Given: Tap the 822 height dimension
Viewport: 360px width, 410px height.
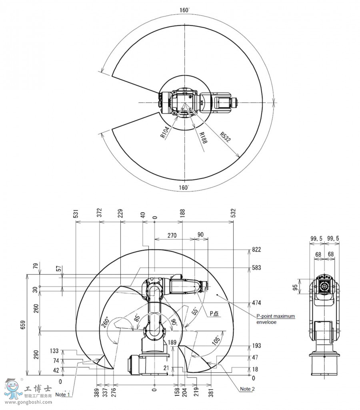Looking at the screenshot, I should [x=256, y=250].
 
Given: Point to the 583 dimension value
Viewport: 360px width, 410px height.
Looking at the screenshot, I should [x=256, y=268].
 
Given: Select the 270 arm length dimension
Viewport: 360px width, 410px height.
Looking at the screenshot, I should [x=172, y=235].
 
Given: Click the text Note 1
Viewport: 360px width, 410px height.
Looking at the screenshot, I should [x=63, y=394].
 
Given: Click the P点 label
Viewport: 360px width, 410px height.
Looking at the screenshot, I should [x=214, y=314].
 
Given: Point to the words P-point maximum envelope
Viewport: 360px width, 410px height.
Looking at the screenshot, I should [x=276, y=319].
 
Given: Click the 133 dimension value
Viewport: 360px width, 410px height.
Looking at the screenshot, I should [x=54, y=351].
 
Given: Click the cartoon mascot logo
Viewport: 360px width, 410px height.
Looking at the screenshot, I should [x=14, y=389].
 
